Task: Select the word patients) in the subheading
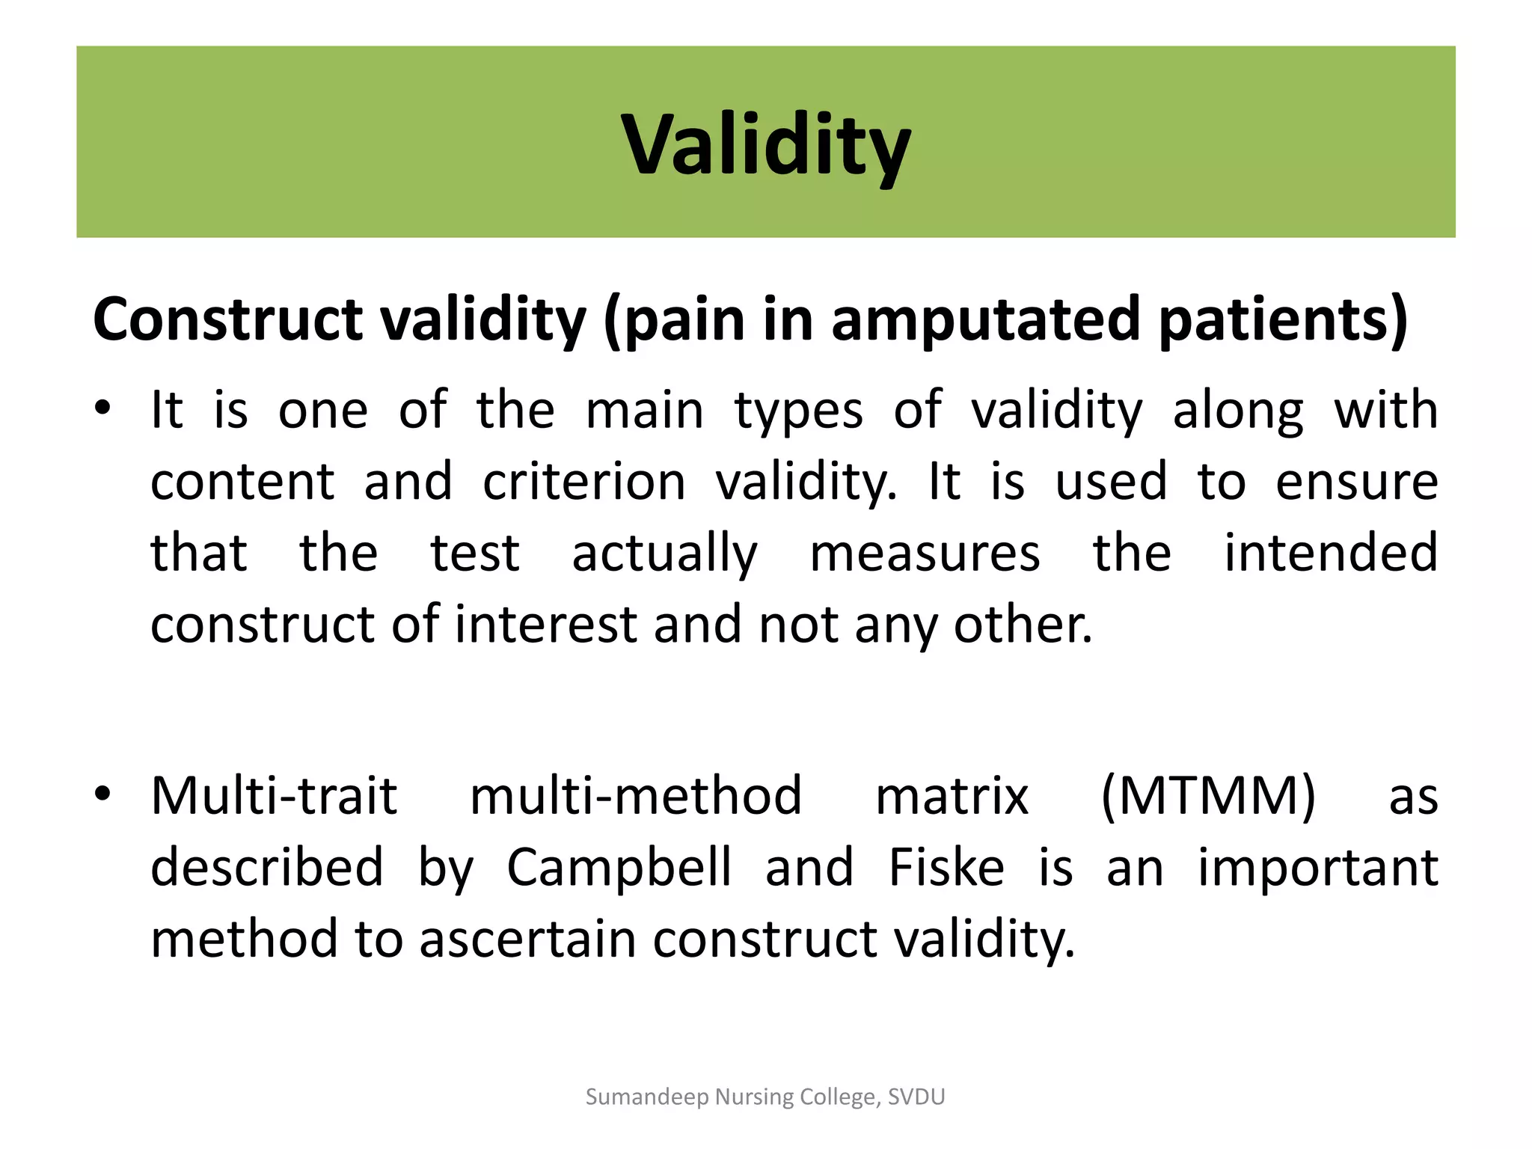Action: (1284, 319)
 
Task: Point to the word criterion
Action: (583, 482)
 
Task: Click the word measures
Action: (925, 554)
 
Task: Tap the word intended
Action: (1331, 554)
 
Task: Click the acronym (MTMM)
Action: (1208, 796)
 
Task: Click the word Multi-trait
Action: (274, 796)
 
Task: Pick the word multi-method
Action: (636, 796)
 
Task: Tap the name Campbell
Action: (619, 868)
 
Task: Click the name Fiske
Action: (946, 868)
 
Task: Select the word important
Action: (1318, 868)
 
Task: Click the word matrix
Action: (952, 796)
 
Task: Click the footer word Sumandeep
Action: (647, 1097)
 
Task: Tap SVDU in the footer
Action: (916, 1097)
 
